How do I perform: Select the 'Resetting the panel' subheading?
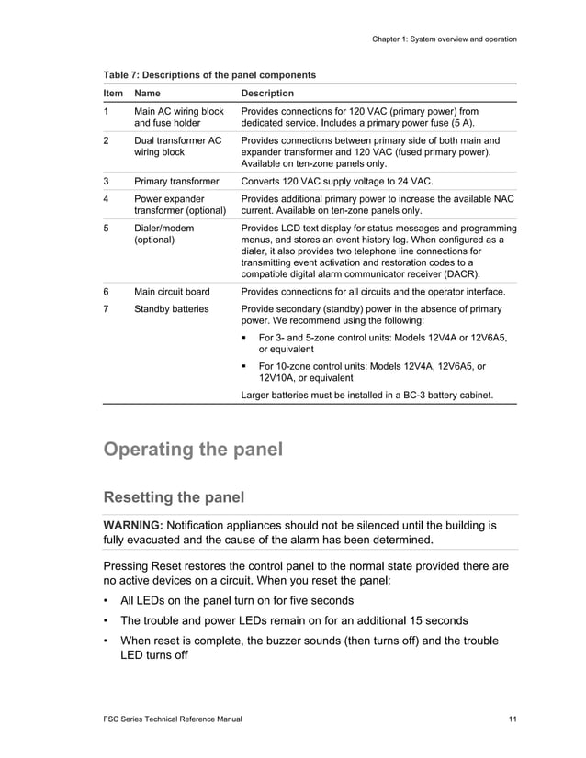click(175, 497)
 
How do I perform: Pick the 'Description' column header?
click(267, 94)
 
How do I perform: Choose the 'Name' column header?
click(147, 94)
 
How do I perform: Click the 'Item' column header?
click(113, 94)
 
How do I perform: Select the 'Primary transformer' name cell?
click(176, 182)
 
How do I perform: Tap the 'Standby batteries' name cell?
click(171, 309)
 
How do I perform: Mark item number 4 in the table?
click(107, 198)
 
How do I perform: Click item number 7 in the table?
click(107, 309)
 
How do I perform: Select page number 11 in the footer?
click(512, 719)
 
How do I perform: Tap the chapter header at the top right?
click(444, 39)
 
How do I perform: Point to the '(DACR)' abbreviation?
click(459, 273)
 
